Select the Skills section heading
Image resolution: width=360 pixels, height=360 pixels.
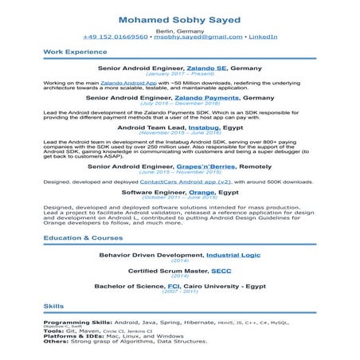pos(54,305)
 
